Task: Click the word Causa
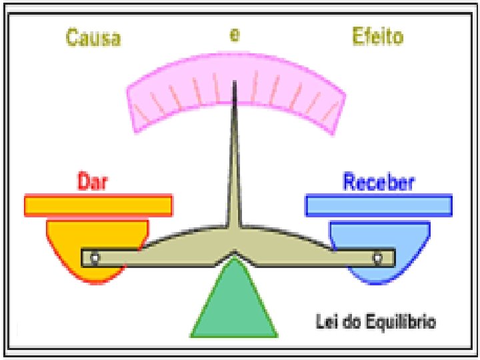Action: pos(93,37)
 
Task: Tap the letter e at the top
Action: pos(235,35)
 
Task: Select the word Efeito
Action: pos(377,37)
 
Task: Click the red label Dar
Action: pos(93,181)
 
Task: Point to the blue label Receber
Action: pos(379,182)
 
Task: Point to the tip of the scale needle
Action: pos(234,82)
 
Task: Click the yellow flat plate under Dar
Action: pos(98,205)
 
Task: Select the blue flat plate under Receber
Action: pos(379,205)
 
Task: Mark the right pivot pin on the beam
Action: pos(377,257)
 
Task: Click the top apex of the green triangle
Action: pos(234,260)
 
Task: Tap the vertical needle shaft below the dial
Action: pos(234,167)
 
